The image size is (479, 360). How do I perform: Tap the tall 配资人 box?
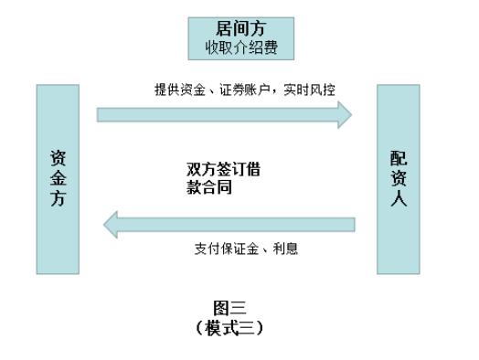pyautogui.click(x=399, y=179)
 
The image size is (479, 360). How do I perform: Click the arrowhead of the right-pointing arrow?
pyautogui.click(x=344, y=113)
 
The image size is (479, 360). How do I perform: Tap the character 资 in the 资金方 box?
pyautogui.click(x=57, y=158)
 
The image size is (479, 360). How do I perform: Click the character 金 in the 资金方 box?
pyautogui.click(x=57, y=179)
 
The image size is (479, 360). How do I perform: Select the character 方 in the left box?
pyautogui.click(x=57, y=199)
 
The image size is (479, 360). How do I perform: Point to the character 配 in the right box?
pyautogui.click(x=399, y=158)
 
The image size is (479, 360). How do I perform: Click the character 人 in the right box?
pyautogui.click(x=399, y=201)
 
